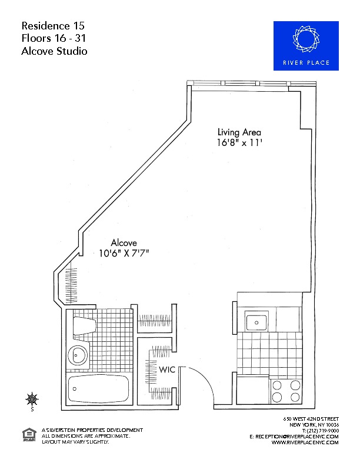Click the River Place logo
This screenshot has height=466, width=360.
306,46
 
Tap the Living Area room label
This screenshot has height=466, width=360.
239,132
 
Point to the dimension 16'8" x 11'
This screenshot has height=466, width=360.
239,143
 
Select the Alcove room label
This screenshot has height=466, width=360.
124,243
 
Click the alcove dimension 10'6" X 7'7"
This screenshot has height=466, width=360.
124,254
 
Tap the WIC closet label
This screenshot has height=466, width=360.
167,370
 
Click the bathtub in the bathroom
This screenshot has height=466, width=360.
98,389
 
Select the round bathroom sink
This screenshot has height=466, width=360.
78,355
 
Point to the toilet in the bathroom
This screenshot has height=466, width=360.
84,325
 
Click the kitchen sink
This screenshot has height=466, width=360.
257,320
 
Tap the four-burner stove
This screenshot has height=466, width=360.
286,391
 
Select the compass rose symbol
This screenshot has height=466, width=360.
32,399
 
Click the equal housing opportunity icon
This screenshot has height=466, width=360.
29,435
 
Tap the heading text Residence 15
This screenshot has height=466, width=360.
53,26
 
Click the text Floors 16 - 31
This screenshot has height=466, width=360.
54,38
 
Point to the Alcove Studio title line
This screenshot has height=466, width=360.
54,51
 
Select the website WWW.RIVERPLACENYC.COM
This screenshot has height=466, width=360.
305,442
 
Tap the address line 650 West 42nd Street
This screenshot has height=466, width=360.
311,419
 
